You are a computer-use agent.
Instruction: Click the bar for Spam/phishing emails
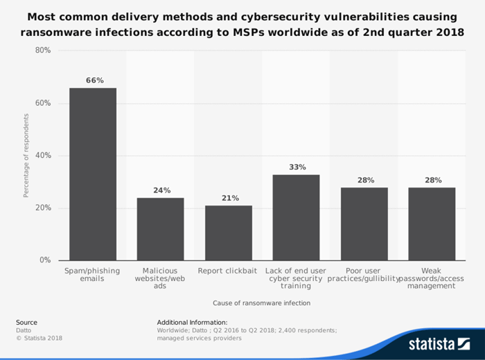[93, 174]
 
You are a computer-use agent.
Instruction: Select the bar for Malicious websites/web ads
[161, 229]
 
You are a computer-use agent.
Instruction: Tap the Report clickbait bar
[229, 233]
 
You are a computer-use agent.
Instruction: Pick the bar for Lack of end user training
[296, 217]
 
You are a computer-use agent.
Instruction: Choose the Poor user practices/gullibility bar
[364, 224]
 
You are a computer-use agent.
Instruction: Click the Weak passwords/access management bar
[432, 224]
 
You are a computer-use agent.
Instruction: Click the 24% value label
[161, 190]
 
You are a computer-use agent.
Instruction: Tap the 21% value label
[229, 198]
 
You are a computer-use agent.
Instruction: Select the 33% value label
[297, 167]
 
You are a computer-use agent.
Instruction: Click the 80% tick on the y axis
[43, 51]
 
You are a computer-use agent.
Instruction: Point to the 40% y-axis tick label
[43, 156]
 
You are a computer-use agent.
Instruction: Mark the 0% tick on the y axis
[45, 260]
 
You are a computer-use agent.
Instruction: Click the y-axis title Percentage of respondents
[26, 156]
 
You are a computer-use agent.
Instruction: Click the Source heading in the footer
[26, 322]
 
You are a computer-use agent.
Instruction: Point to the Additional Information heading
[192, 322]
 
